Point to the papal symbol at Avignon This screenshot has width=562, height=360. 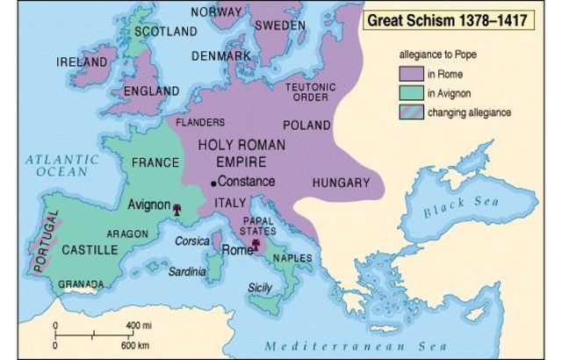[178, 209]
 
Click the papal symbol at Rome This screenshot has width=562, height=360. [256, 247]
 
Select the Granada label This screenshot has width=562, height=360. [81, 284]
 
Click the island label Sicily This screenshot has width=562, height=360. [261, 287]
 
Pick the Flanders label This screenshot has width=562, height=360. [198, 122]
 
